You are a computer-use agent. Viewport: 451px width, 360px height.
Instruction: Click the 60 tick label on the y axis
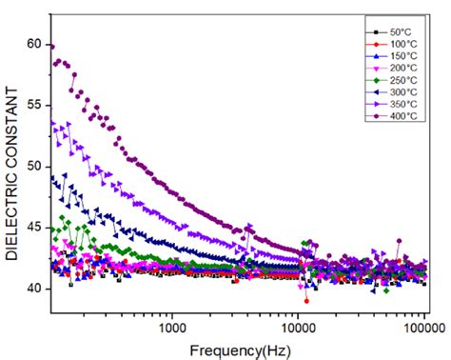pyautogui.click(x=34, y=44)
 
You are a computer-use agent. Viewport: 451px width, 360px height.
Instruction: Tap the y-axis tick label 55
pyautogui.click(x=34, y=105)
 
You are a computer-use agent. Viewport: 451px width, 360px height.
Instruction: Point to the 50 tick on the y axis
pyautogui.click(x=34, y=167)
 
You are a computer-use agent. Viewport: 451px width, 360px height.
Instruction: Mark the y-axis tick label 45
pyautogui.click(x=34, y=228)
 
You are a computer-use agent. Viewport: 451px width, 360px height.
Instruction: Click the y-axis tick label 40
pyautogui.click(x=34, y=289)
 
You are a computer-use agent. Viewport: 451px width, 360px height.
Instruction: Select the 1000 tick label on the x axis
pyautogui.click(x=172, y=328)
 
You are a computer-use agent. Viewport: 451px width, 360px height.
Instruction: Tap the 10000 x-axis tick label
pyautogui.click(x=298, y=328)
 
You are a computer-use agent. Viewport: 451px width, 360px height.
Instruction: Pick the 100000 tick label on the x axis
pyautogui.click(x=424, y=328)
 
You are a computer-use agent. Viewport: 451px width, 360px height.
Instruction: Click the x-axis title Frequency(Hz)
pyautogui.click(x=240, y=351)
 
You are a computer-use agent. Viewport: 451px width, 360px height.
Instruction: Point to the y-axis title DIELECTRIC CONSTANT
pyautogui.click(x=12, y=174)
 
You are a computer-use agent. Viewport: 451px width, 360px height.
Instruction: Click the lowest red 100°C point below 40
pyautogui.click(x=306, y=301)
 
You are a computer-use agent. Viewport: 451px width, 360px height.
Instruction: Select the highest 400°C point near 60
pyautogui.click(x=52, y=47)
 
